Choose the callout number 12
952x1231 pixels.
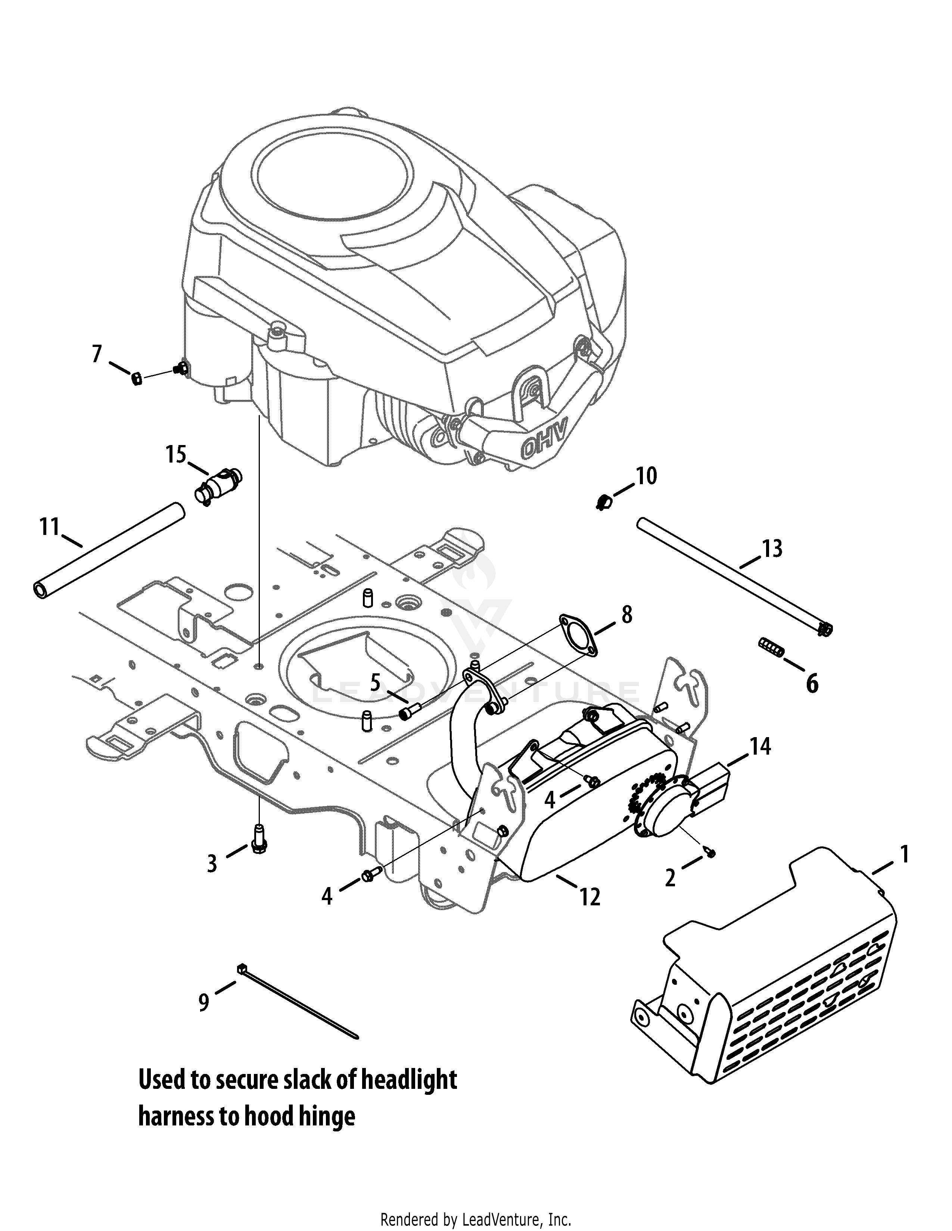pyautogui.click(x=590, y=897)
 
